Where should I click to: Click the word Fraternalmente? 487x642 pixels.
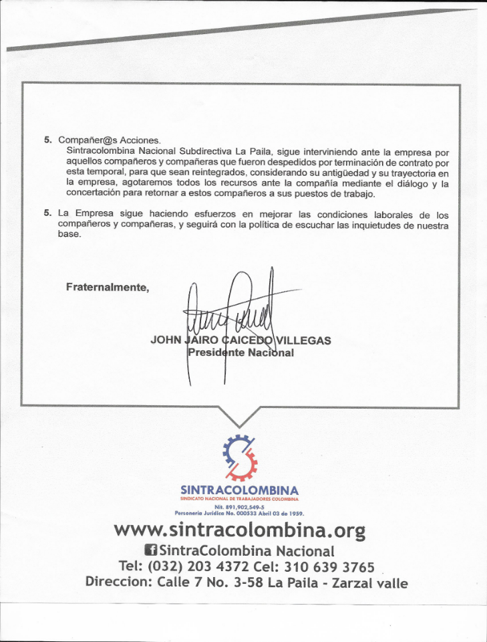[x=107, y=287]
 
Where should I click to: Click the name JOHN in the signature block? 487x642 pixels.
[x=166, y=340]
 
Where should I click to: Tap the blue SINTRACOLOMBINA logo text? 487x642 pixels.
[x=239, y=490]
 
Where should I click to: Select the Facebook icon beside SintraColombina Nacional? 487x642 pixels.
[x=151, y=551]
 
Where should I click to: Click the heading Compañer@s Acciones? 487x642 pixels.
[x=110, y=140]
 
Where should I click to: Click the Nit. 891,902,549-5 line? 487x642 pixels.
[x=239, y=508]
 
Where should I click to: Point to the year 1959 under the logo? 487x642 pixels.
[x=297, y=514]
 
